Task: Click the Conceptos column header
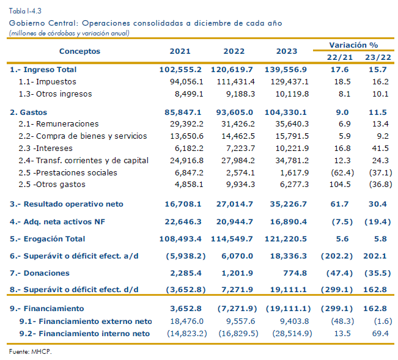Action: tap(79, 51)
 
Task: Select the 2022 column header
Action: tap(234, 51)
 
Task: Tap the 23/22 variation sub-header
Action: tap(378, 57)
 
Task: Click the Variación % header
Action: tap(353, 45)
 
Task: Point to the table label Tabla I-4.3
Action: tap(25, 11)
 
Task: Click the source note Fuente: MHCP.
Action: tap(30, 351)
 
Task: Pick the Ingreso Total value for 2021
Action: tap(180, 70)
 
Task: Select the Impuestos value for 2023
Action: tap(290, 82)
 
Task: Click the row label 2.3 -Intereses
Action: tap(45, 148)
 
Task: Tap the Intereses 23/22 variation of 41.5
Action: tap(380, 148)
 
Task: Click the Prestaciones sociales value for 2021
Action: tap(189, 172)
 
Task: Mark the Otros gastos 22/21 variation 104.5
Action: tap(340, 184)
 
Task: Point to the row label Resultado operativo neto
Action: tap(67, 204)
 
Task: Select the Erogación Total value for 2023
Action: tap(286, 239)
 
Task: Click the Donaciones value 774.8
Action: tap(295, 273)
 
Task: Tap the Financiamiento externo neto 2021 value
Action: tap(187, 321)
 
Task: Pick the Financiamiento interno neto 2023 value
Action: tap(292, 333)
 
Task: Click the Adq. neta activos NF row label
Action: tap(57, 222)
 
